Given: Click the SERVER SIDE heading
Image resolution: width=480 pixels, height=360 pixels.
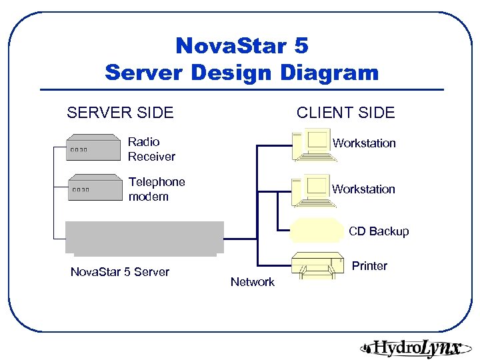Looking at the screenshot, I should point(120,113).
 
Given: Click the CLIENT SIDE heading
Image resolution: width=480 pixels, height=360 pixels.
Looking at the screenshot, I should point(345,113).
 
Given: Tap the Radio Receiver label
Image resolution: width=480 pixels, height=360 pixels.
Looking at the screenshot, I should point(151,149).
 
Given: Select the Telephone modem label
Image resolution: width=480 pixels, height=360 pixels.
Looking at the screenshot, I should point(157,189).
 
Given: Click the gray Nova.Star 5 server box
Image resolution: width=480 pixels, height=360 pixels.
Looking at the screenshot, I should point(145,238).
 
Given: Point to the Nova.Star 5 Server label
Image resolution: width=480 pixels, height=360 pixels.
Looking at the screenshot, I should point(120,272).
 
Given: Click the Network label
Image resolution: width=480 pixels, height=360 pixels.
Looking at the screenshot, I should point(252,282).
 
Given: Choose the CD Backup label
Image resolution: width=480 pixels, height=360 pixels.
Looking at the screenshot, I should point(379,231).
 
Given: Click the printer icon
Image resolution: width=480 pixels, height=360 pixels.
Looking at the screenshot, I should point(319,265).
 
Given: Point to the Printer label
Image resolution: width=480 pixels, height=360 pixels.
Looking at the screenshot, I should point(369,266).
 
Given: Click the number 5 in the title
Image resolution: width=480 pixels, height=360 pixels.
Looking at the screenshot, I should point(299,46).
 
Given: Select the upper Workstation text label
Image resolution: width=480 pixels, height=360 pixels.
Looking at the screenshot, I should point(364,143).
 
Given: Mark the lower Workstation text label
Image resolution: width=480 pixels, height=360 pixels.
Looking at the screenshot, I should point(364,189).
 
